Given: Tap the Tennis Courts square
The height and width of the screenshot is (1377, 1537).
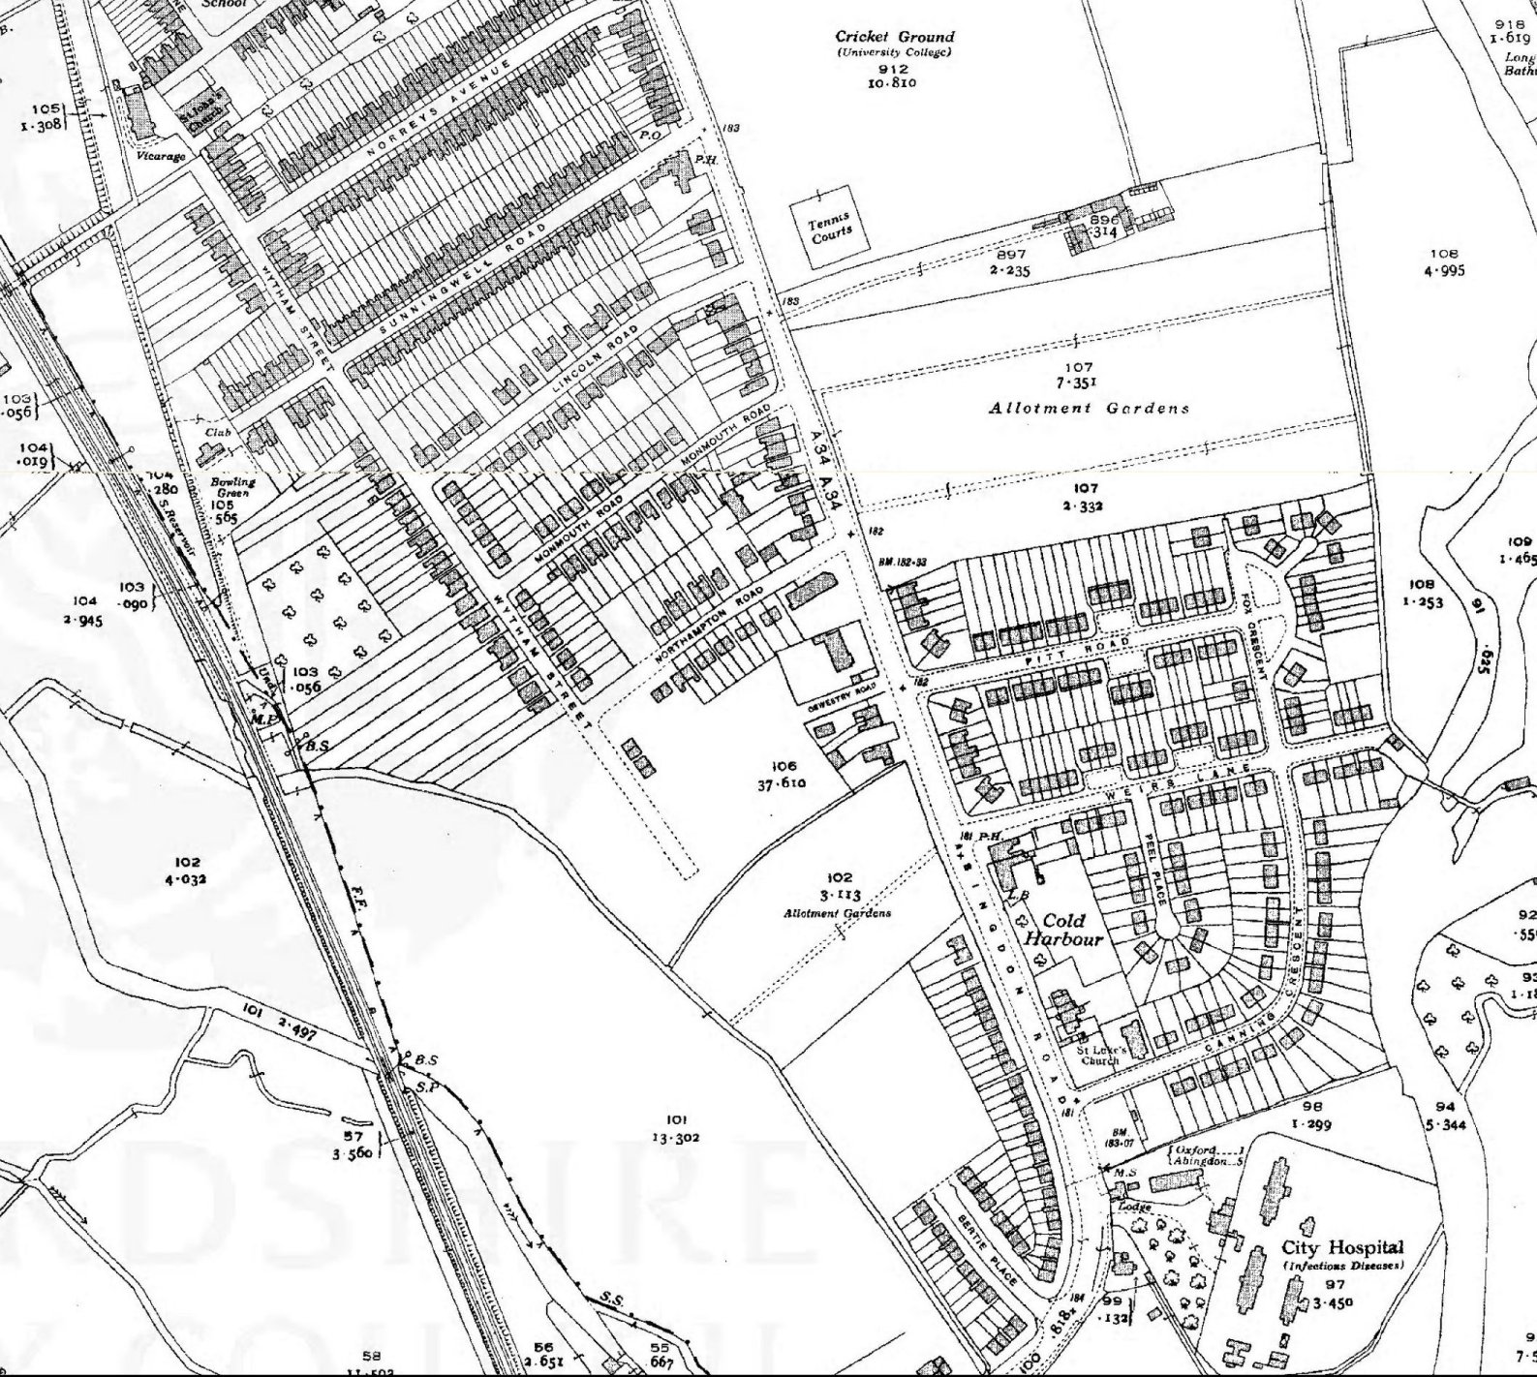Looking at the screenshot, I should point(829,229).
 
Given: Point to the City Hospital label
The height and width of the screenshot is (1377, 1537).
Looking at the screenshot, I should point(1341,1247).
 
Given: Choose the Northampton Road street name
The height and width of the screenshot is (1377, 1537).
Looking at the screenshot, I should point(709,625).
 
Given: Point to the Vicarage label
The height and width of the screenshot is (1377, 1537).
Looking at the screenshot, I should point(160,156).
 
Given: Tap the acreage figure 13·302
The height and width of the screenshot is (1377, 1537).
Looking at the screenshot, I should point(675,1138).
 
